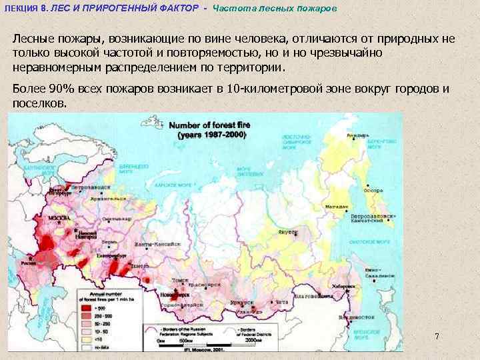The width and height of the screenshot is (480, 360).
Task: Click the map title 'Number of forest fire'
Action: pyautogui.click(x=207, y=125)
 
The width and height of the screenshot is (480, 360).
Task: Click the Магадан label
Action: pyautogui.click(x=335, y=207)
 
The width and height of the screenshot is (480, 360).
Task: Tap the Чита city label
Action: pyautogui.click(x=283, y=302)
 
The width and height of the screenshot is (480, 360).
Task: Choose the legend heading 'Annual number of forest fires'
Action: pyautogui.click(x=106, y=294)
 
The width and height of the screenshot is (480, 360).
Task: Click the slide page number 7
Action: pyautogui.click(x=437, y=335)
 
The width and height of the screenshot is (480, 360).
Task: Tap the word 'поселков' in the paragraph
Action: pyautogui.click(x=39, y=103)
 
